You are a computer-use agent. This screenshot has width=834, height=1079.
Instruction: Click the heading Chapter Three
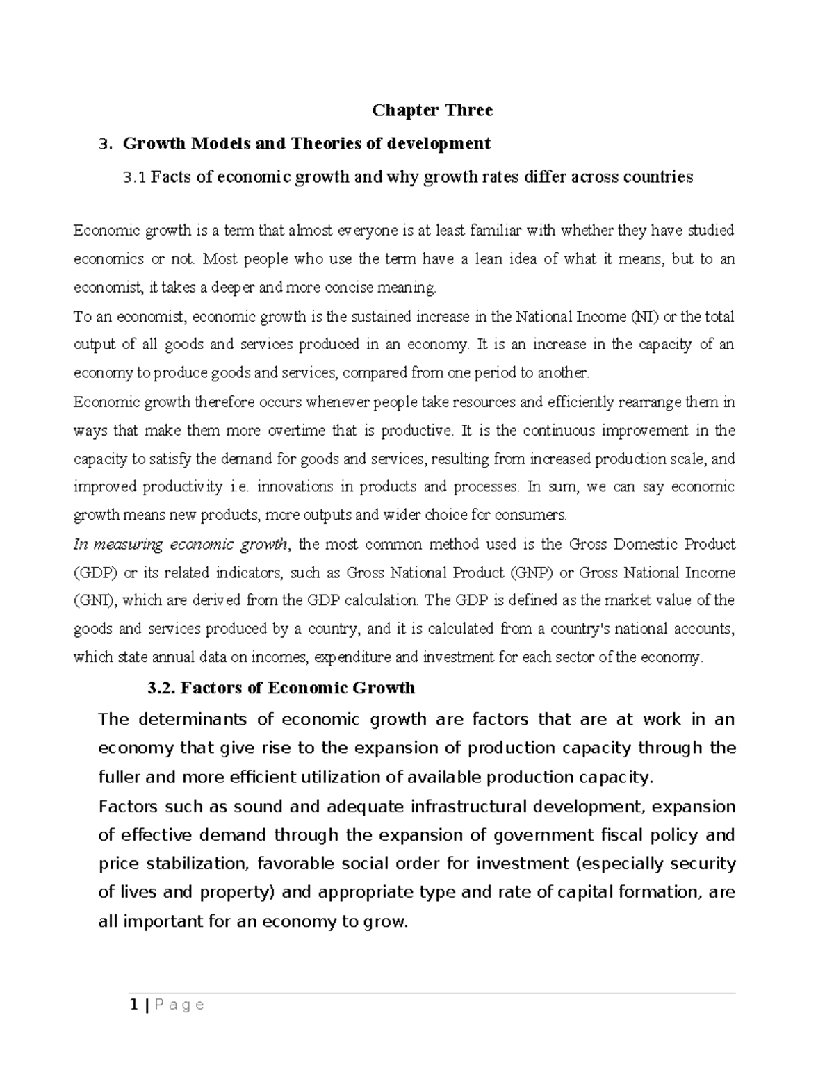click(432, 110)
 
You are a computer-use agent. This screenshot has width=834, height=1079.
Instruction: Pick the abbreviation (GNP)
click(532, 573)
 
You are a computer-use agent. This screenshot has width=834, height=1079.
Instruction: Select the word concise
click(382, 287)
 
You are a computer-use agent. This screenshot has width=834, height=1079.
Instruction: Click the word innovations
click(294, 487)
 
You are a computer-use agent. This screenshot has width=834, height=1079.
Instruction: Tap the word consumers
click(538, 516)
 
